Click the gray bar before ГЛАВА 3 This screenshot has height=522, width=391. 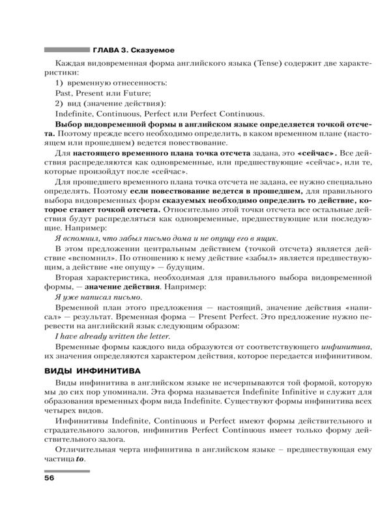coord(65,50)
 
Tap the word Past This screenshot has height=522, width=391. coord(65,94)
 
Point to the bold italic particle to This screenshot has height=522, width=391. coord(81,459)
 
